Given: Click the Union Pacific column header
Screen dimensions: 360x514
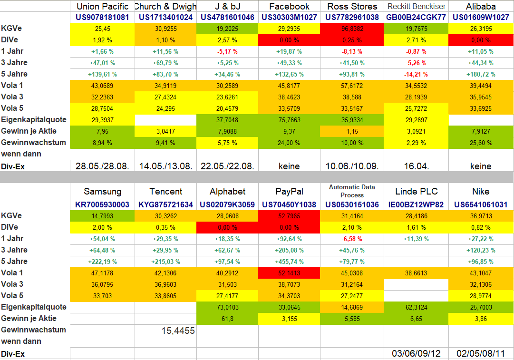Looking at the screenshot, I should (x=102, y=6).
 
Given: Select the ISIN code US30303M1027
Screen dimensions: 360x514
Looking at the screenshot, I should (x=289, y=17).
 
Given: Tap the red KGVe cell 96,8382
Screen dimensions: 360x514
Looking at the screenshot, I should (x=352, y=29).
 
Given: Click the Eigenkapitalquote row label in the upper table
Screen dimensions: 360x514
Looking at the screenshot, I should (x=34, y=120).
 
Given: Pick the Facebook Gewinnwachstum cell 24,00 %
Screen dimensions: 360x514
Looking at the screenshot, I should (x=289, y=143).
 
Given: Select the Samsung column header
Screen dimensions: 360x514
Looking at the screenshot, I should (x=102, y=192).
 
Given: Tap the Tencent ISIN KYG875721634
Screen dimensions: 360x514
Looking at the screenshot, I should (x=165, y=204).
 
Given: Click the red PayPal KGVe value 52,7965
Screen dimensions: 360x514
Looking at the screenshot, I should (x=289, y=216).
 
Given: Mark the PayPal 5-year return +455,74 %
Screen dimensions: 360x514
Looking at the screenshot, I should (x=289, y=262).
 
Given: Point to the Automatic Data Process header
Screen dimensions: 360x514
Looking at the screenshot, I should (x=352, y=191).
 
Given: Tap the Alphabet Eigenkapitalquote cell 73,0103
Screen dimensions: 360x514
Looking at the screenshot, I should (x=227, y=307).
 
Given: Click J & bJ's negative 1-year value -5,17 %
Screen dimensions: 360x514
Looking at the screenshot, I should (x=227, y=51).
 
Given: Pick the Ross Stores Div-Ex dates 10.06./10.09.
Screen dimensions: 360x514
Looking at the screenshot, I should (x=352, y=166).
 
